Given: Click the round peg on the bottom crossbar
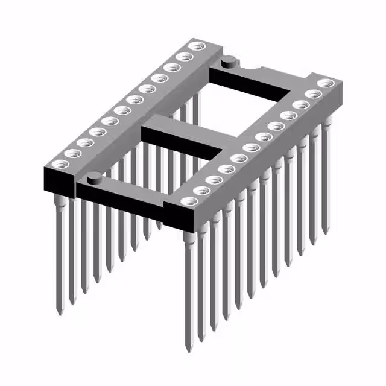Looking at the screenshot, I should (x=94, y=177).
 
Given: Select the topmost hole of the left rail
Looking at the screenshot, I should (x=195, y=46).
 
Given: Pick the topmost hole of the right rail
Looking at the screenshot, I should (x=326, y=83).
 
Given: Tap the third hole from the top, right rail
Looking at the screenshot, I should (x=299, y=104).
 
